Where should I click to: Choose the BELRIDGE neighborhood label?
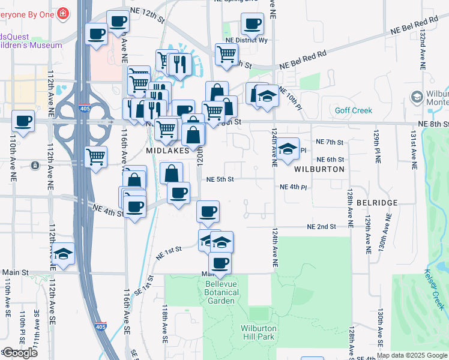(376, 203)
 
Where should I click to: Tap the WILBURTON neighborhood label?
(319, 169)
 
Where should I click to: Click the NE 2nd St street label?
(321, 227)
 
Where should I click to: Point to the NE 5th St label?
(220, 179)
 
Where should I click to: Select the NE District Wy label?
(247, 40)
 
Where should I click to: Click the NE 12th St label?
(149, 19)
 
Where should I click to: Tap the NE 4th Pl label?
(293, 187)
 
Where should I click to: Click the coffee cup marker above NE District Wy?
(253, 25)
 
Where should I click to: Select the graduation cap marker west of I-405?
(63, 254)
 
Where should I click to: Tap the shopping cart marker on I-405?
(96, 158)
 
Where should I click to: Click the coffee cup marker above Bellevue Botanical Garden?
(220, 263)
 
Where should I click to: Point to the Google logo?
(20, 353)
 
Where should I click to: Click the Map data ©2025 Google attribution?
(412, 355)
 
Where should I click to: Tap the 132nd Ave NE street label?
(423, 45)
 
